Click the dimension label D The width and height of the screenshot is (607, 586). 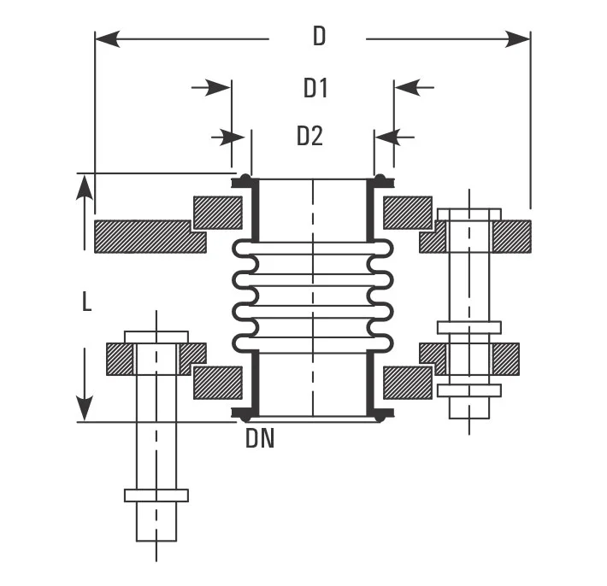[x=318, y=37]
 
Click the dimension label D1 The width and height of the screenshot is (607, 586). [x=315, y=87]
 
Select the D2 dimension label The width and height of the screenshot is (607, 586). [x=309, y=136]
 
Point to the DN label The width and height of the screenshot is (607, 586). [x=259, y=439]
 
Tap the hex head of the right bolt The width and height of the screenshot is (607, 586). [x=469, y=214]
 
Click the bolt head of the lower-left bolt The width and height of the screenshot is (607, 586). [x=156, y=336]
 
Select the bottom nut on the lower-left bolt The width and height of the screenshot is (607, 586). [x=156, y=495]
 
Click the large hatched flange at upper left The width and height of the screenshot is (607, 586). [x=149, y=237]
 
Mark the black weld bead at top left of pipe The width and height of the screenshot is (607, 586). [x=244, y=180]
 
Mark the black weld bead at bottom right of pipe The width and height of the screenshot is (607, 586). [x=380, y=414]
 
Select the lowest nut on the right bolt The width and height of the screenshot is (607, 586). [x=469, y=390]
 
